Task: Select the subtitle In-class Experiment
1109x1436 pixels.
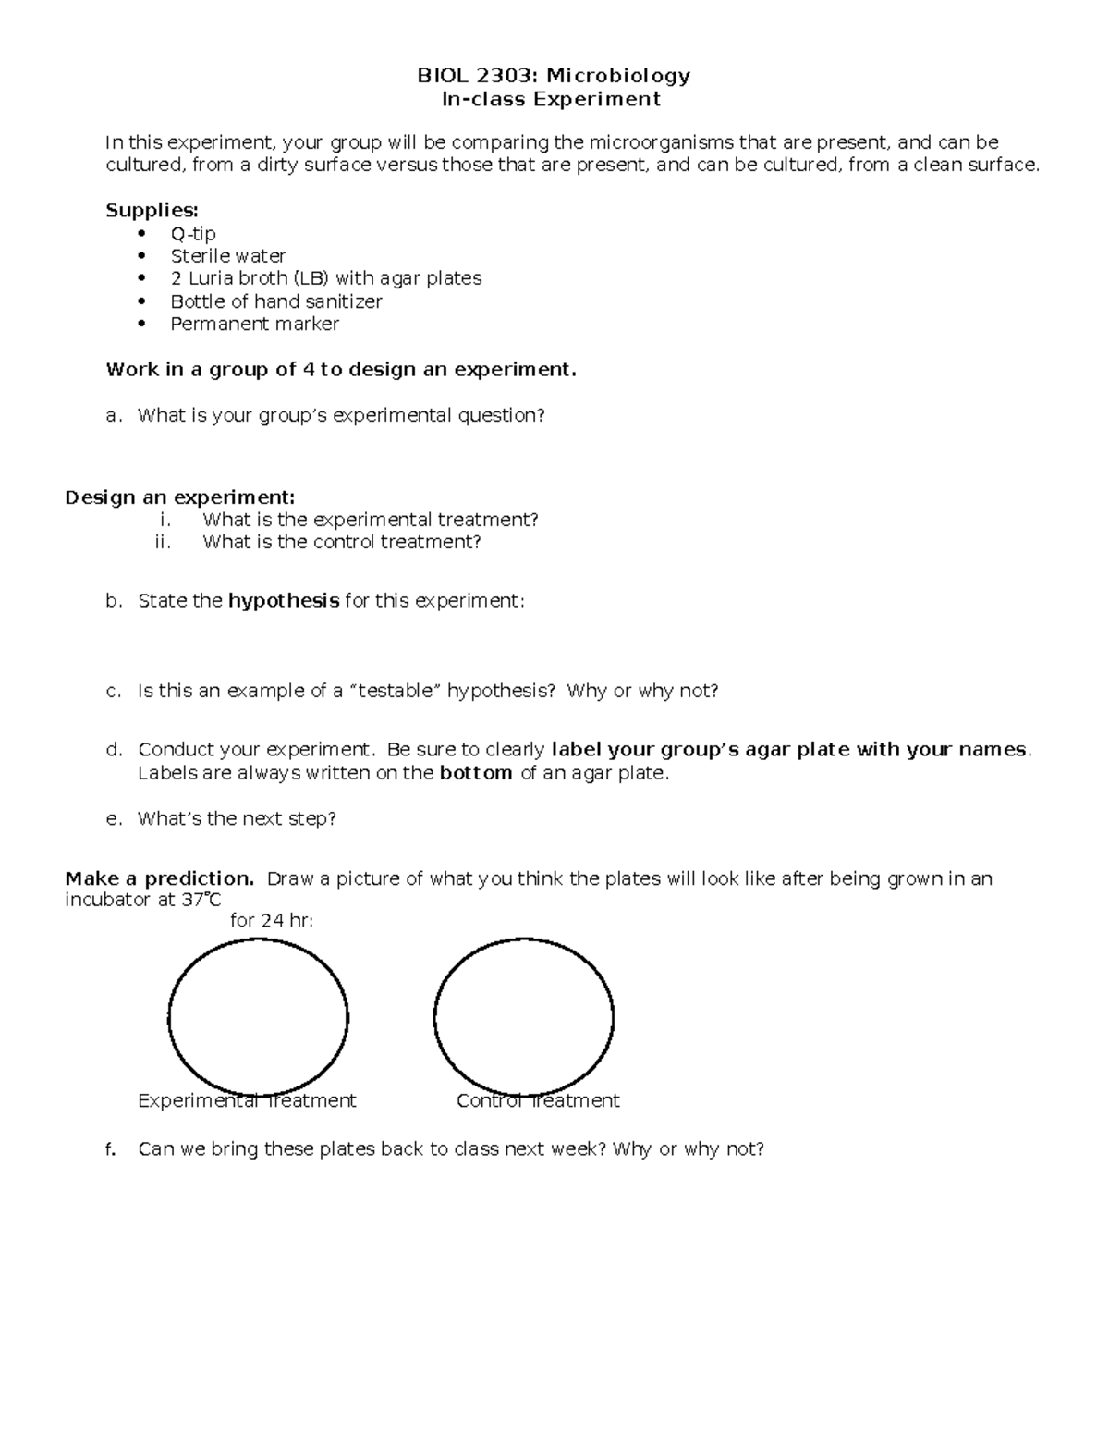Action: point(552,99)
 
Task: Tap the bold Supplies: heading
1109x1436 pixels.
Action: point(152,210)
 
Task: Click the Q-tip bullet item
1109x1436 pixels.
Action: point(193,233)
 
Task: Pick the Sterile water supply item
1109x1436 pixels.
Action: point(228,256)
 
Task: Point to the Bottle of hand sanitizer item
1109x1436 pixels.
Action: point(276,301)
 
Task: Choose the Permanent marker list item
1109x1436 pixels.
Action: point(255,324)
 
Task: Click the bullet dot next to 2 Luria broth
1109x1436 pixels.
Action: point(140,278)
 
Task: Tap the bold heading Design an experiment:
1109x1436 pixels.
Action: point(180,497)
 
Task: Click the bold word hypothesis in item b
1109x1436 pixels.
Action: point(284,601)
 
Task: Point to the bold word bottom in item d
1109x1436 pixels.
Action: point(476,773)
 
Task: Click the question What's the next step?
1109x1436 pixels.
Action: point(237,818)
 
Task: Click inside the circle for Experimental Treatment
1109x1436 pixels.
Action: point(258,1017)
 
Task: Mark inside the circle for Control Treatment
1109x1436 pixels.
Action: point(523,1017)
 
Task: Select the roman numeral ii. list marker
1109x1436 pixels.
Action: point(164,543)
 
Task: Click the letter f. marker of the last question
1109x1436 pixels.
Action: point(112,1149)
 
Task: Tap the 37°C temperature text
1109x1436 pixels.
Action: point(201,899)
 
